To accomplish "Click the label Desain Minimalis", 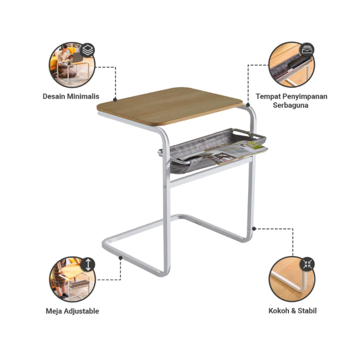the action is pos(71,97).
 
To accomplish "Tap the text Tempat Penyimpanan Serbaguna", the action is pos(291,101).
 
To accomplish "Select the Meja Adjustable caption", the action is pos(72,311).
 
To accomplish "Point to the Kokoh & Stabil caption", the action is pos(293,311).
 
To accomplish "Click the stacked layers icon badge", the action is pos(87,50).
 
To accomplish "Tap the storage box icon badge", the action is pos(307,50).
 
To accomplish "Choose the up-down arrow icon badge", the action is pos(88,265).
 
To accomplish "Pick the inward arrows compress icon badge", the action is pos(307,264).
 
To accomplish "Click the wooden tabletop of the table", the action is pos(169,106).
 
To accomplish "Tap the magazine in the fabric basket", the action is pos(236,152).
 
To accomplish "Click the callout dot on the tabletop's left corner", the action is pos(115,100).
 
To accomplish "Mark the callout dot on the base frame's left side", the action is pos(120,258).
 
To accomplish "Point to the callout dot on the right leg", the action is pos(254,229).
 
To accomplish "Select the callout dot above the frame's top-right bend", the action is pos(248,105).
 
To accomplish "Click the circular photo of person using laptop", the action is pos(72,65).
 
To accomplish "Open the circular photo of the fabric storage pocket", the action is pos(291,64).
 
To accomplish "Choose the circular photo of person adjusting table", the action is pos(72,279).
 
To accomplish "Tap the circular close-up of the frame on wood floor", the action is pos(292,279).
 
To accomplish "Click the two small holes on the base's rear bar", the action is pos(198,223).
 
